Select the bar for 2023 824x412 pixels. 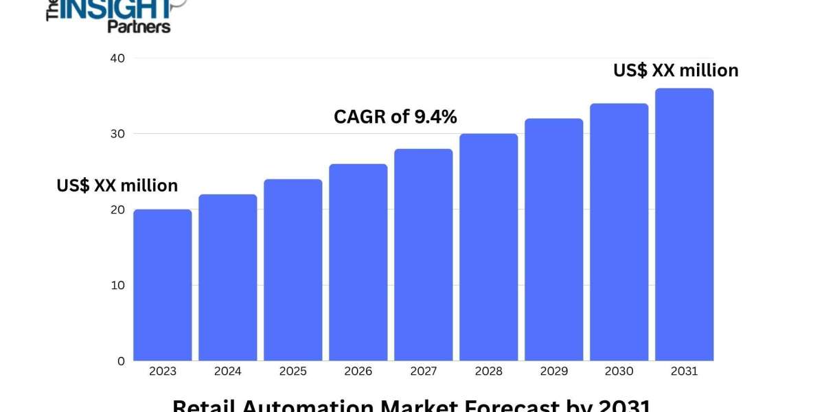(163, 285)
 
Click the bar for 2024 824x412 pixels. (228, 277)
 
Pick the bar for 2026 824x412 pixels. (358, 262)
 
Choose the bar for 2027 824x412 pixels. (424, 255)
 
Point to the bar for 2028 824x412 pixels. (489, 247)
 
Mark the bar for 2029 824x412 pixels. (554, 240)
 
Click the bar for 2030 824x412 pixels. (619, 232)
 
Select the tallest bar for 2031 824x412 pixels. (685, 225)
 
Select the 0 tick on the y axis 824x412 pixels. (121, 360)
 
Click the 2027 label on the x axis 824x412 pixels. (424, 371)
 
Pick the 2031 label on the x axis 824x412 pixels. (685, 371)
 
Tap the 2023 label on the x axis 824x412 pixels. (163, 371)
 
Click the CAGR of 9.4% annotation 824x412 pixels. (396, 117)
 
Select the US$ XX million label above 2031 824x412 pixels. (676, 70)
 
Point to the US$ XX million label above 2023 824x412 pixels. (117, 185)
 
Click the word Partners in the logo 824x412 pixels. (139, 26)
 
